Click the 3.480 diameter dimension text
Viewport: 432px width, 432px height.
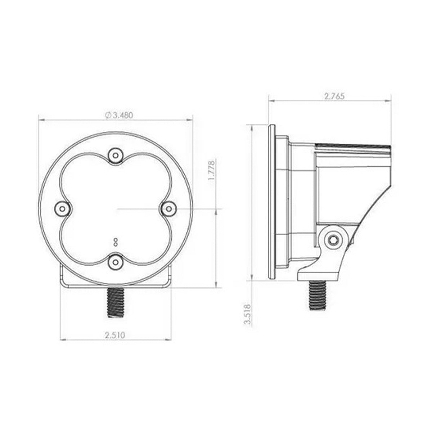point(123,115)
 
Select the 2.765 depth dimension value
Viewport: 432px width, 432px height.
point(334,96)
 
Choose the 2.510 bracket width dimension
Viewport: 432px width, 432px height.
point(115,335)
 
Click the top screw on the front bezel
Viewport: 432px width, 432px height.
point(115,156)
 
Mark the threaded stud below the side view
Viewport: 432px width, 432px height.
point(317,295)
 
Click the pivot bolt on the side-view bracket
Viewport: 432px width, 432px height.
point(334,239)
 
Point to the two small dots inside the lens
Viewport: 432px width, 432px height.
point(115,241)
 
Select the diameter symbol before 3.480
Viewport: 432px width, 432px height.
point(108,115)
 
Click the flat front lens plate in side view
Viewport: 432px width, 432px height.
point(272,202)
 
